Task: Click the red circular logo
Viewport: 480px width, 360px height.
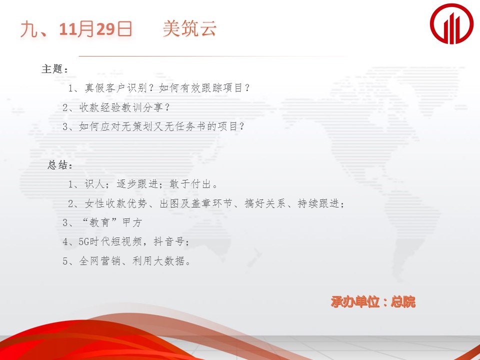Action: (451, 23)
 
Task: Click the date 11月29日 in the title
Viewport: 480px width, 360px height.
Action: (95, 29)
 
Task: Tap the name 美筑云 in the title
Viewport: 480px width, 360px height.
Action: (189, 29)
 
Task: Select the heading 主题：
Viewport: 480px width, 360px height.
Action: (54, 69)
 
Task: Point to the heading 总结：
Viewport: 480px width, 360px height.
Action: (60, 165)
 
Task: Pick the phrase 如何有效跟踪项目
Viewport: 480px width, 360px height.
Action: (200, 88)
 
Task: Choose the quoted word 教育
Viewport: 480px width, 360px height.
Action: (100, 223)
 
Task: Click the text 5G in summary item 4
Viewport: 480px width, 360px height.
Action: (83, 242)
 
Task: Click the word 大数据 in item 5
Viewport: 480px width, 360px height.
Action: (169, 261)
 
